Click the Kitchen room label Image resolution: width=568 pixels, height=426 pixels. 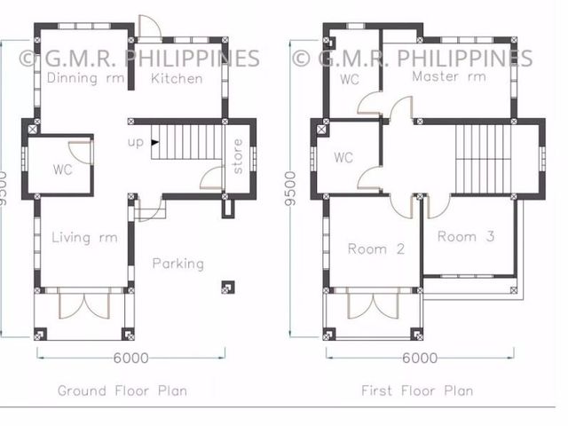(x=177, y=79)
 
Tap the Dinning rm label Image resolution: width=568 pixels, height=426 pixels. (x=86, y=78)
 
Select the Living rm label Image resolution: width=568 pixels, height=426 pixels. (x=85, y=238)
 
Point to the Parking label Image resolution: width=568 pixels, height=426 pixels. (x=178, y=264)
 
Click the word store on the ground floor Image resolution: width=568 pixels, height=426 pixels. (x=237, y=156)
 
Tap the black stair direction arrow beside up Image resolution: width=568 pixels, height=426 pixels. (x=154, y=142)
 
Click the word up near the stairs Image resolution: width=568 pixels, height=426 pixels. (x=136, y=142)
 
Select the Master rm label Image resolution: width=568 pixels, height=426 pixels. (x=449, y=76)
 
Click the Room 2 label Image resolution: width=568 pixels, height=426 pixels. (x=376, y=249)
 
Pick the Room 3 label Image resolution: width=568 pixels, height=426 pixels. (x=466, y=237)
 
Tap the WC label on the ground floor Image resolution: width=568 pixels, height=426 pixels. (x=62, y=170)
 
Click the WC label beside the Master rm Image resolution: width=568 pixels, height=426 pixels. (x=350, y=79)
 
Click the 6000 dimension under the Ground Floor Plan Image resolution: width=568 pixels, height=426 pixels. (x=130, y=359)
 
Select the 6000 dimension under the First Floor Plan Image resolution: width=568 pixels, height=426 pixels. (x=420, y=359)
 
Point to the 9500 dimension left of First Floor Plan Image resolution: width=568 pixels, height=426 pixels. (x=290, y=189)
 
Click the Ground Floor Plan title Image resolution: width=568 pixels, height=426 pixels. (x=122, y=390)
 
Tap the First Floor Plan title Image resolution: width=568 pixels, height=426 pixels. (x=417, y=390)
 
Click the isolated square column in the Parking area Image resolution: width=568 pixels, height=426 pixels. (x=228, y=288)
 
